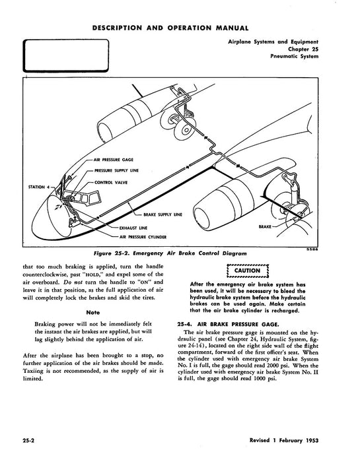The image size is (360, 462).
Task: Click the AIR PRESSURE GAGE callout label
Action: point(113,160)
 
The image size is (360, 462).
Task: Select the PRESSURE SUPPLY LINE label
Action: point(116,170)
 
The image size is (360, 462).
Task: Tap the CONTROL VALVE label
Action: point(111,182)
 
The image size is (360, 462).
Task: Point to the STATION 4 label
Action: point(37,187)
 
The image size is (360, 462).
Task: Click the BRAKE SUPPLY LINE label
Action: point(162,214)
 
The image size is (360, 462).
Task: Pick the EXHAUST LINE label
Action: point(133,228)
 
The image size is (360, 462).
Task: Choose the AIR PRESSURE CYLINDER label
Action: point(143,237)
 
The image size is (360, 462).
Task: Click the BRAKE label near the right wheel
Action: point(265,226)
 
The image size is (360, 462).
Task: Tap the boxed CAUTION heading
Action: point(247,271)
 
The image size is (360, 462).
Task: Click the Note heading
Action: point(93,312)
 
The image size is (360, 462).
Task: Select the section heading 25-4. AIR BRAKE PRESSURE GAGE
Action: point(228,325)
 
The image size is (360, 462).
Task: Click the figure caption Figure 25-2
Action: point(170,253)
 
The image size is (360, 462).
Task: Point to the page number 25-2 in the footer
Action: point(29,441)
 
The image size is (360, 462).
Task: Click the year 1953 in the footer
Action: point(312,440)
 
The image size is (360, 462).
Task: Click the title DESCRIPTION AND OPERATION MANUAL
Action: point(170,28)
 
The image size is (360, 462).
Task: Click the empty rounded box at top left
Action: point(66,40)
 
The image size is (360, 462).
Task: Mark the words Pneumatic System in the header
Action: point(295,56)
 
